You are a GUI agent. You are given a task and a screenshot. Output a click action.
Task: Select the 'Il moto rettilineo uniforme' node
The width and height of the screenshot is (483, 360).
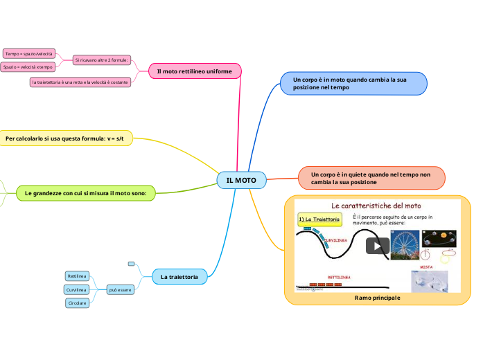tap(195, 71)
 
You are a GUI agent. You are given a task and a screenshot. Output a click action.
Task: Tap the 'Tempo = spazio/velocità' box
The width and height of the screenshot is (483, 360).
tap(28, 53)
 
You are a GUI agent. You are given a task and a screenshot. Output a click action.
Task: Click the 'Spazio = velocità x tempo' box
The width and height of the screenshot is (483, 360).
tap(28, 67)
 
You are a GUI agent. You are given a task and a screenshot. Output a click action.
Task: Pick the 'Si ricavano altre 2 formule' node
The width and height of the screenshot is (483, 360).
tap(102, 60)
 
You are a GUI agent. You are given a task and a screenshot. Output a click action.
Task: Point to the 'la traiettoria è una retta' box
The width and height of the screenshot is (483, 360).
tap(80, 82)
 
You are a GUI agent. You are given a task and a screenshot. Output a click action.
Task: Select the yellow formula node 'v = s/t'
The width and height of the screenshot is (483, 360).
tap(64, 139)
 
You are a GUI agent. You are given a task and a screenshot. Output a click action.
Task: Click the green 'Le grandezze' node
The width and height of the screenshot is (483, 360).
tap(85, 193)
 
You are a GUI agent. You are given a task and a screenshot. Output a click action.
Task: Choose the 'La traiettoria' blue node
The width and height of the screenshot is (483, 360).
tap(179, 277)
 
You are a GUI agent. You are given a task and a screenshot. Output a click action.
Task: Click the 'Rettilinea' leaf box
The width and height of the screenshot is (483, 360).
tap(77, 276)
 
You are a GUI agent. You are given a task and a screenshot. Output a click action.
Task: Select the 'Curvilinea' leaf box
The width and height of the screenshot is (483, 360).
tap(76, 289)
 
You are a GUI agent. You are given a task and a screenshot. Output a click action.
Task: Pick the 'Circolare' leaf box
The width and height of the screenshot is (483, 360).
tap(77, 303)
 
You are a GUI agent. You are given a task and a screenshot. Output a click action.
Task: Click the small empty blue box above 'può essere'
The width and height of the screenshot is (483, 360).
tap(131, 264)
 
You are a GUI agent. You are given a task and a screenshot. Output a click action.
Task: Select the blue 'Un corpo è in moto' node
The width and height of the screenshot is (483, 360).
tap(353, 84)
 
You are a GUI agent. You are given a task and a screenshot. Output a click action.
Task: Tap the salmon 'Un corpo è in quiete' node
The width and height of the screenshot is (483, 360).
tap(371, 178)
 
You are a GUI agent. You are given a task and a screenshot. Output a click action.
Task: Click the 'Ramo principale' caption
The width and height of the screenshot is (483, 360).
tap(377, 297)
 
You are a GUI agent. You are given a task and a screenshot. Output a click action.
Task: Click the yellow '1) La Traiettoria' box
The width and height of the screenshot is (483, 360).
tap(319, 219)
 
